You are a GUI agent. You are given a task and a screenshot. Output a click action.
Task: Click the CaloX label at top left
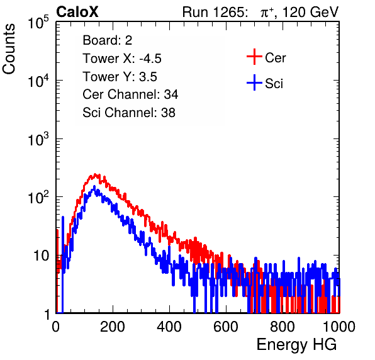tap(77, 12)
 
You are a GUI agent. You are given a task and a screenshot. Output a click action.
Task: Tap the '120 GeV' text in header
tap(311, 12)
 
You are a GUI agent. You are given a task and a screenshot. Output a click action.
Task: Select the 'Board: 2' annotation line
tap(108, 40)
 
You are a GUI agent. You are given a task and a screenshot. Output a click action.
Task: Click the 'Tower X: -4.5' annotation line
tap(122, 59)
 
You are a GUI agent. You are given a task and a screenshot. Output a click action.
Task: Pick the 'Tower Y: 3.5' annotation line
tap(120, 77)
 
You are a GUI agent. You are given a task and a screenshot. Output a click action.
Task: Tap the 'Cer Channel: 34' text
tap(130, 94)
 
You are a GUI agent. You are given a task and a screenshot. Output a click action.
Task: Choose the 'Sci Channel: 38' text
tap(129, 112)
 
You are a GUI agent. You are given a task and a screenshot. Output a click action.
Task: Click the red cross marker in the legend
tap(254, 57)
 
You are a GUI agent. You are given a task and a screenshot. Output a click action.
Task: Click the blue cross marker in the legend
tap(254, 83)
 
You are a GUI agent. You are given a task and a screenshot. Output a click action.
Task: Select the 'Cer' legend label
tap(275, 58)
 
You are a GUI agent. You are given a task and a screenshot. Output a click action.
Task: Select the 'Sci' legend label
tap(274, 84)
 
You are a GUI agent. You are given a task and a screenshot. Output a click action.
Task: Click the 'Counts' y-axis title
tap(9, 49)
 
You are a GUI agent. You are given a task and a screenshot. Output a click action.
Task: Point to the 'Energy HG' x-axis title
tap(296, 344)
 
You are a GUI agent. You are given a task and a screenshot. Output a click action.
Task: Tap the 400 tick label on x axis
tap(169, 327)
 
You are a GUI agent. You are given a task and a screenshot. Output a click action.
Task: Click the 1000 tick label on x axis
tap(339, 327)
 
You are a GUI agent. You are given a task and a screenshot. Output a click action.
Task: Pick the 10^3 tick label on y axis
tap(38, 139)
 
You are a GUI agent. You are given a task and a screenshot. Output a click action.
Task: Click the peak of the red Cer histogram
tap(96, 175)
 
